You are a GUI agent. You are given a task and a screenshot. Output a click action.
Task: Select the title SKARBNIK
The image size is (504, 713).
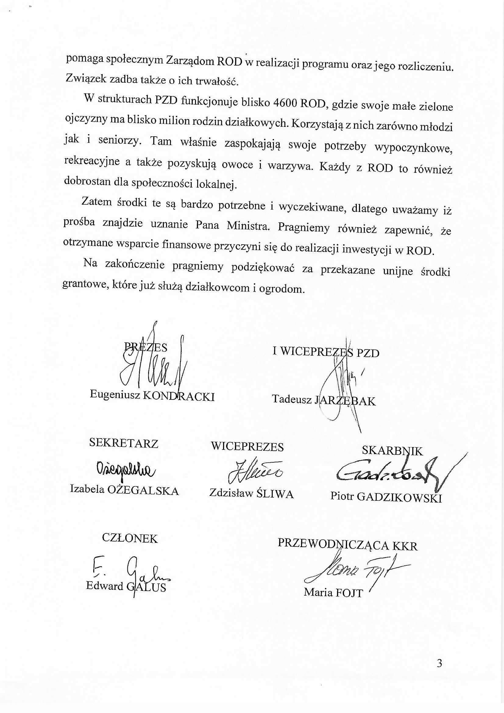pyautogui.click(x=392, y=451)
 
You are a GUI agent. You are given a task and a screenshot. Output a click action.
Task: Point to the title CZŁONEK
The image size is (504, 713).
pyautogui.click(x=130, y=538)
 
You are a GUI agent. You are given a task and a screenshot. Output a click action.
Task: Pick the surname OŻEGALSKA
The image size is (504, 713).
pyautogui.click(x=143, y=491)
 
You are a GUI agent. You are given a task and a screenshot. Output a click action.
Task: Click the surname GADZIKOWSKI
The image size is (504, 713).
pyautogui.click(x=399, y=497)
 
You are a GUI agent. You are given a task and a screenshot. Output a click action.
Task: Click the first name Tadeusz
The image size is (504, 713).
pyautogui.click(x=291, y=399)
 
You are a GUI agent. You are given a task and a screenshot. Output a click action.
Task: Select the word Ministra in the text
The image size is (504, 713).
pyautogui.click(x=248, y=225)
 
